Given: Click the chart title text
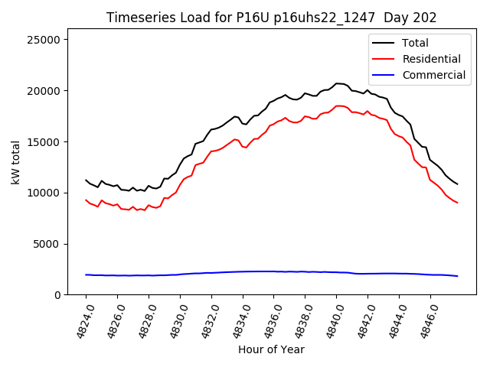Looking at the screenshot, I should point(271,18).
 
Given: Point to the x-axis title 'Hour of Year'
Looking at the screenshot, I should point(271,349).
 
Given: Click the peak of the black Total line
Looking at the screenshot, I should point(337,83).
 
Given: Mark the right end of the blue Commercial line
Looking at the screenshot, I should point(457,276).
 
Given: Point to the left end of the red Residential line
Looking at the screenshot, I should point(86,200).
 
